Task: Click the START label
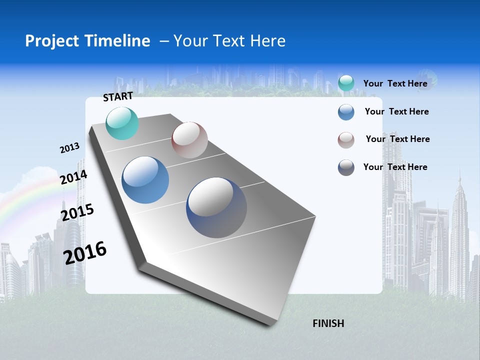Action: pyautogui.click(x=118, y=96)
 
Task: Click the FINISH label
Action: pyautogui.click(x=328, y=323)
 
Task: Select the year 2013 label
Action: pyautogui.click(x=69, y=148)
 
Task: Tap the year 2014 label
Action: pyautogui.click(x=73, y=177)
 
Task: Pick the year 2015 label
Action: pyautogui.click(x=77, y=212)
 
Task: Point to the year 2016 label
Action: pyautogui.click(x=85, y=253)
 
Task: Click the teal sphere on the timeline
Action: pyautogui.click(x=122, y=123)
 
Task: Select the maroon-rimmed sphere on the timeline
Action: pyautogui.click(x=189, y=140)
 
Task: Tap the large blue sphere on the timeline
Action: pyautogui.click(x=145, y=180)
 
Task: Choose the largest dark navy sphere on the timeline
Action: pyautogui.click(x=216, y=207)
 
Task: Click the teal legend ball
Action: pyautogui.click(x=346, y=83)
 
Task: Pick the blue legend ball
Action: pyautogui.click(x=346, y=112)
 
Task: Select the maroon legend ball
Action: pyautogui.click(x=346, y=140)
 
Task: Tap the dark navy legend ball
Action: pyautogui.click(x=346, y=167)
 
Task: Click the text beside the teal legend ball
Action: pyautogui.click(x=395, y=83)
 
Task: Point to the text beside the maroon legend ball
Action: pyautogui.click(x=397, y=139)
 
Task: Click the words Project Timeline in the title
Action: pyautogui.click(x=87, y=41)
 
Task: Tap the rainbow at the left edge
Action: pyautogui.click(x=20, y=200)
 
